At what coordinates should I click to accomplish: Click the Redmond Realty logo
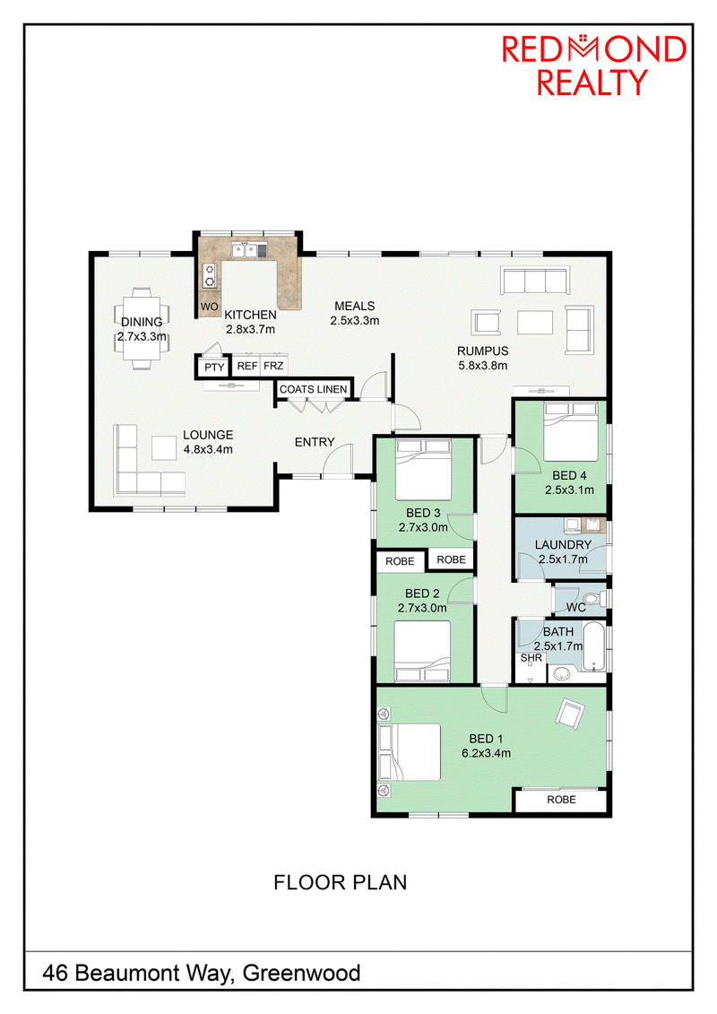click(x=593, y=65)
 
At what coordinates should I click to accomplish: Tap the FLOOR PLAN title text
click(x=340, y=882)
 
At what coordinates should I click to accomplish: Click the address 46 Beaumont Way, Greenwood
click(x=201, y=973)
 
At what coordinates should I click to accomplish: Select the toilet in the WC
click(x=592, y=598)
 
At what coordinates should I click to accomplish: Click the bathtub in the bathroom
click(x=593, y=646)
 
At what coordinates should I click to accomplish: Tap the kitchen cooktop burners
click(x=210, y=275)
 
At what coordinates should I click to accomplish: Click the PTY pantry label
click(x=214, y=367)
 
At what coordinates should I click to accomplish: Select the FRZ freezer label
click(x=273, y=366)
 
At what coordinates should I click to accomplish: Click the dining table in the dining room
click(x=142, y=328)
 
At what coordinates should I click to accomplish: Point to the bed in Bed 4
click(x=570, y=431)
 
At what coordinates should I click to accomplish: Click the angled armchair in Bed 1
click(x=570, y=714)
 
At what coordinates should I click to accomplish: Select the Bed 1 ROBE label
click(x=561, y=800)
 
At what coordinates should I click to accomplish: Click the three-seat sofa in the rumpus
click(x=535, y=281)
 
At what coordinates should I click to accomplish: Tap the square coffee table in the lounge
click(x=164, y=447)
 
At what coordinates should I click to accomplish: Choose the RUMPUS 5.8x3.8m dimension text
click(x=482, y=366)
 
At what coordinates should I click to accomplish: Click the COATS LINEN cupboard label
click(x=314, y=389)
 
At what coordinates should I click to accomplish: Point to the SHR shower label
click(x=531, y=658)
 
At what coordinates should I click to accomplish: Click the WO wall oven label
click(x=209, y=306)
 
